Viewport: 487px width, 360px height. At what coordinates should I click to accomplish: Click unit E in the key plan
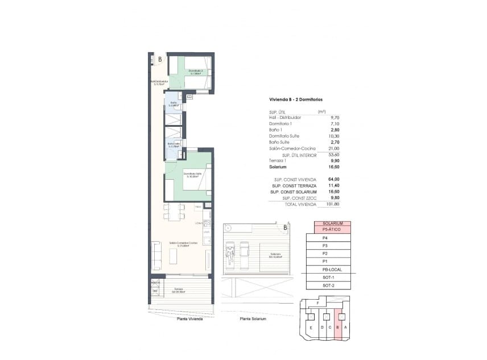click(x=311, y=328)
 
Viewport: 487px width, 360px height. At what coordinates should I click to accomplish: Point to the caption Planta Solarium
click(x=253, y=319)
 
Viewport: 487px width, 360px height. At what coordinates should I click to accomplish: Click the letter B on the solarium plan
click(x=285, y=229)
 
